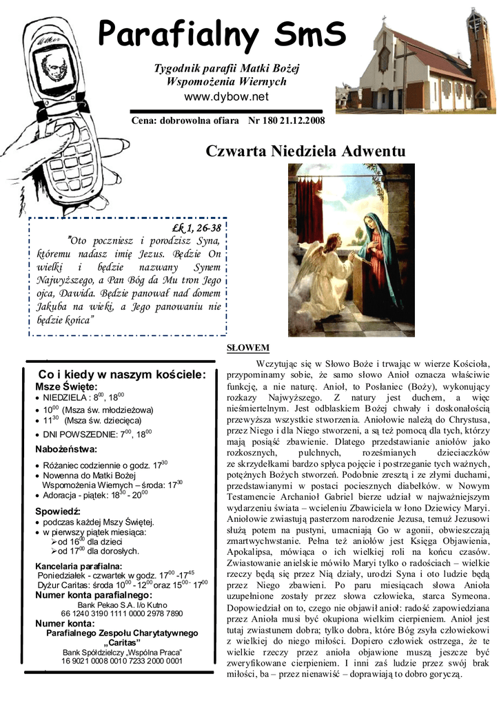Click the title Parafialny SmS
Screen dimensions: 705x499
221,33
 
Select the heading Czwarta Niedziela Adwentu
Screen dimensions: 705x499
305,151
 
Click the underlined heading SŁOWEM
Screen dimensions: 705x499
248,348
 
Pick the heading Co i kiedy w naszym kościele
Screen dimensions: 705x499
122,375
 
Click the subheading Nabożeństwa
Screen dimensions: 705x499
66,450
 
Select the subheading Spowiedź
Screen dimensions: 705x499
58,511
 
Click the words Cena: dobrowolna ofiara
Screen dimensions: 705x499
181,121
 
